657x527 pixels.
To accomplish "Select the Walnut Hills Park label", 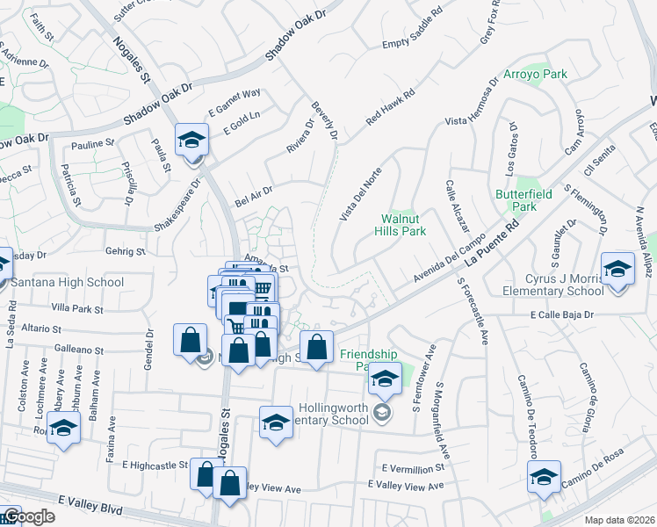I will click(403, 225).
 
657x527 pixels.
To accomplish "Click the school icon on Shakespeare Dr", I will click(192, 141).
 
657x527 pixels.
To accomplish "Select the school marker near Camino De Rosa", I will click(544, 477).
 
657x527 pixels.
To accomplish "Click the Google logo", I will click(28, 517).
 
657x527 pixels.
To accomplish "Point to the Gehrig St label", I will click(125, 252).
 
